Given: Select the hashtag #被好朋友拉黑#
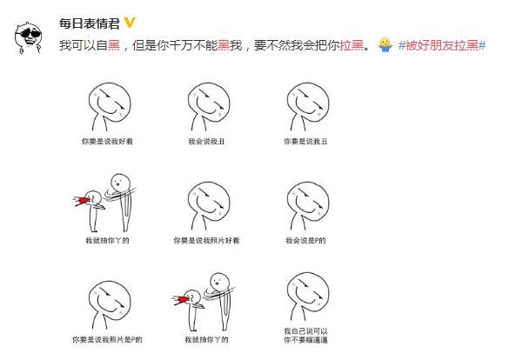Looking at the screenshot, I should click(x=441, y=44).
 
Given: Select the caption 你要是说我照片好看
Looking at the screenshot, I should click(x=206, y=239).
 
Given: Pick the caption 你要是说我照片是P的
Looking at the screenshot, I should click(x=108, y=339).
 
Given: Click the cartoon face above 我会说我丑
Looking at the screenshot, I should click(x=206, y=103).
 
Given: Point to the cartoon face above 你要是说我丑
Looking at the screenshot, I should click(x=306, y=103).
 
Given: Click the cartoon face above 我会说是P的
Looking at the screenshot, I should click(x=306, y=203).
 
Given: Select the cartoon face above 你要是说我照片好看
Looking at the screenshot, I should click(x=206, y=203).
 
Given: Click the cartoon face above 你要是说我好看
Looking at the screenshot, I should click(x=109, y=103).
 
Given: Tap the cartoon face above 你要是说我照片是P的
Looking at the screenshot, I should click(x=109, y=300).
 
